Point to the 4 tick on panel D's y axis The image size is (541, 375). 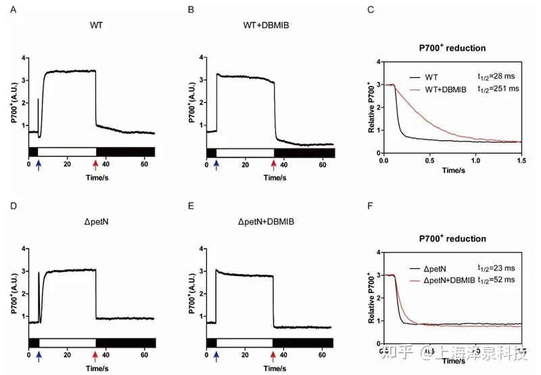tap(24, 249)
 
